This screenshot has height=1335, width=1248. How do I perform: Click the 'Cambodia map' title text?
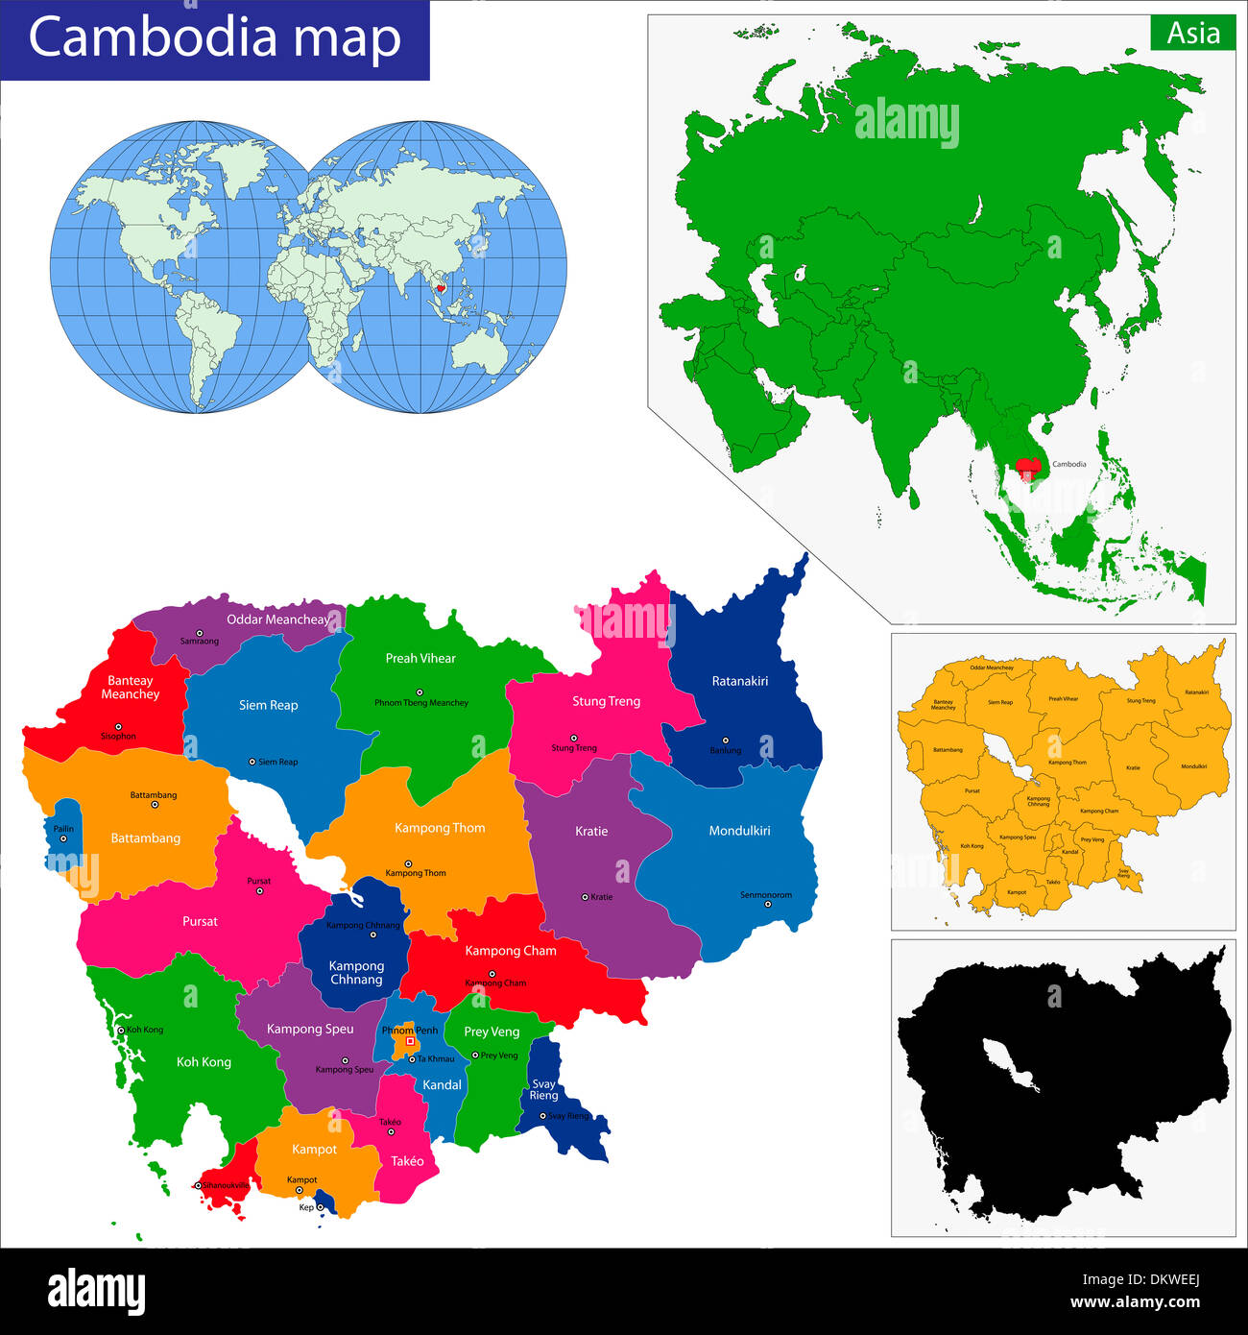[214, 38]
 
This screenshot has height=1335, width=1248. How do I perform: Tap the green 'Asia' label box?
[1193, 34]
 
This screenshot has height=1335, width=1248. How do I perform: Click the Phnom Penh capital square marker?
[410, 1041]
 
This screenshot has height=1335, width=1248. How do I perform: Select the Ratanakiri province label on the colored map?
[739, 681]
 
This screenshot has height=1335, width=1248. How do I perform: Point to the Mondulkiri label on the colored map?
[739, 831]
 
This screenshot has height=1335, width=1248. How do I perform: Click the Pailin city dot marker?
[63, 838]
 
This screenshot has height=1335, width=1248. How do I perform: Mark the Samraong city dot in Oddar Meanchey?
[200, 633]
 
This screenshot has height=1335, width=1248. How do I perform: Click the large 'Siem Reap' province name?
[268, 705]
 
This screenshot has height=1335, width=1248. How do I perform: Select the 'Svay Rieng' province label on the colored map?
[543, 1090]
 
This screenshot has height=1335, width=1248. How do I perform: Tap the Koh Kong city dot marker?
[121, 1030]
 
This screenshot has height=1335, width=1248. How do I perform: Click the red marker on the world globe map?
[441, 287]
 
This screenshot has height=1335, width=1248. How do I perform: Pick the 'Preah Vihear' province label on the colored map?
[420, 658]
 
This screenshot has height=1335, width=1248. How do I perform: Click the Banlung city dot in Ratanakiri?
[725, 740]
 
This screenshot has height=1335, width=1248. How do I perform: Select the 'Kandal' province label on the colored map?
[442, 1085]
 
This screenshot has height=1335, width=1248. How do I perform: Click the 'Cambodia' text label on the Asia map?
[1069, 464]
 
